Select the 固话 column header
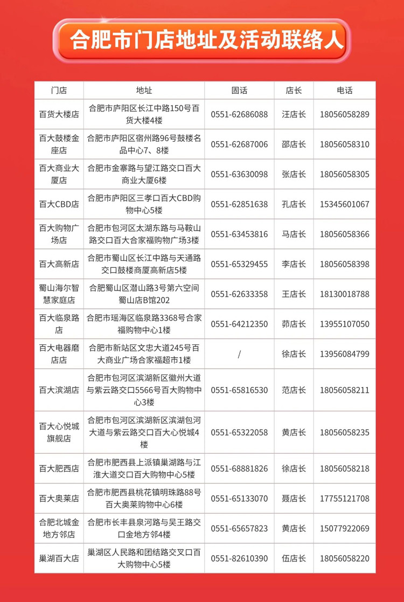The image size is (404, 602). tap(239, 91)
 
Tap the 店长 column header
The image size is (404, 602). tap(294, 91)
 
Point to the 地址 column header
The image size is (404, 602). tap(144, 91)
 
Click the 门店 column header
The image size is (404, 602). tap(59, 91)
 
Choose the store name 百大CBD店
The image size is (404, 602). tap(59, 204)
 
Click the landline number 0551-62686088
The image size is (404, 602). tap(239, 114)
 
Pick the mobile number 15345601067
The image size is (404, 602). tap(344, 204)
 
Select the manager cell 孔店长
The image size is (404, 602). tap(294, 204)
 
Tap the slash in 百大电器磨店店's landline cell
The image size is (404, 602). tap(239, 354)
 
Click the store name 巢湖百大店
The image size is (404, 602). tap(59, 558)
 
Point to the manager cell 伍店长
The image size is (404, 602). tap(294, 558)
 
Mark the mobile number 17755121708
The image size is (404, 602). tap(344, 498)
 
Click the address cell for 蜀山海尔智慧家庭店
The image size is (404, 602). tap(144, 294)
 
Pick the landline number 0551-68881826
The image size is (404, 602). tap(239, 468)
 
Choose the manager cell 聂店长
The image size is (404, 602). tap(294, 498)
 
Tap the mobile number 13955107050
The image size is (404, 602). tap(344, 324)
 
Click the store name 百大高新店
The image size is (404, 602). tap(59, 264)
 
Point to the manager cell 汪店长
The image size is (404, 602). tap(294, 114)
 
